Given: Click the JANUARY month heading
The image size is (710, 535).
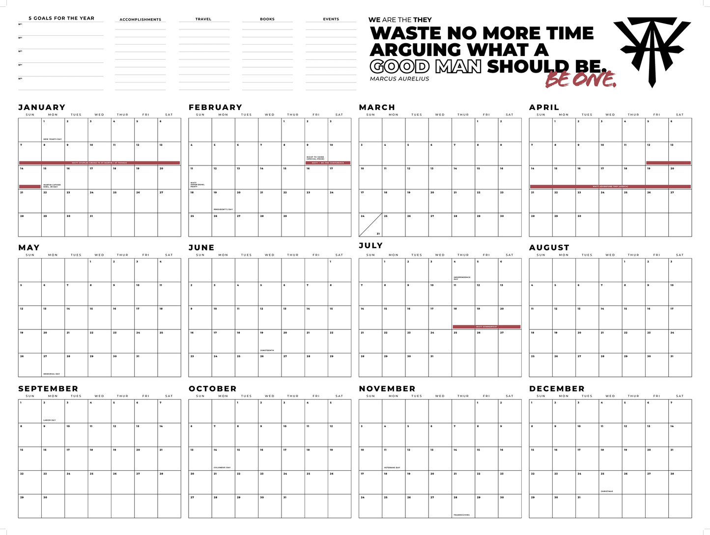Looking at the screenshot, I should (42, 107).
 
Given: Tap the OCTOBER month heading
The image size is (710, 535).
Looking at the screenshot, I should (212, 389).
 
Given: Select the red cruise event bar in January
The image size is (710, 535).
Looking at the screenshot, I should (99, 163).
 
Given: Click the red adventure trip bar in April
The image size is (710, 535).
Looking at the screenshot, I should (610, 187).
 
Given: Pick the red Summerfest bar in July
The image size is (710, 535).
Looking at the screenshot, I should (486, 327).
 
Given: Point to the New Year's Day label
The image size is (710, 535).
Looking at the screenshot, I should (53, 139).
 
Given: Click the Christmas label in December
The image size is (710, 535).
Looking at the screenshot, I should (606, 491).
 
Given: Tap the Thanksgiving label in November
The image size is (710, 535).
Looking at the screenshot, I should (462, 515).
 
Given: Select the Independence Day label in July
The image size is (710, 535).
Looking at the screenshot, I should (462, 278).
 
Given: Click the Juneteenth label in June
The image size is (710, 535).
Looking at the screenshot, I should (267, 350).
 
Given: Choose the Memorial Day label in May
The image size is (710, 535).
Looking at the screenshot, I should (52, 374).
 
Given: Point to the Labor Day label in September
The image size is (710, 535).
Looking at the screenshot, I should (50, 420).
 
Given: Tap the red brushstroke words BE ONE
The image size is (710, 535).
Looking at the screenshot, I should (581, 80).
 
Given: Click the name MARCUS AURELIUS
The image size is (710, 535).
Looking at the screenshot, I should (399, 79).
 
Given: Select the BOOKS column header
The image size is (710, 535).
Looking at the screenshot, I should (267, 19).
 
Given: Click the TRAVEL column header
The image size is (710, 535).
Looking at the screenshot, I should (203, 19).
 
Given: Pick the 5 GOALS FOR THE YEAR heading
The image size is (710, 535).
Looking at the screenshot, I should (61, 18).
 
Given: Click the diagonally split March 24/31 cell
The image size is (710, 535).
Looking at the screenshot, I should (370, 225).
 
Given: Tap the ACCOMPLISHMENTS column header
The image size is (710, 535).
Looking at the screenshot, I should (141, 20).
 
